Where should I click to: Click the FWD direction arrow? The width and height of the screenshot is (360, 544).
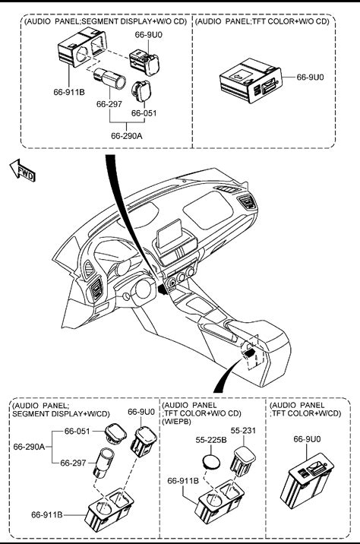[23, 170]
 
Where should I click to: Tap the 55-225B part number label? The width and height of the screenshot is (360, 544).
[211, 440]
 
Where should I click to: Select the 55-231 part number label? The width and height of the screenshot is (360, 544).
[243, 430]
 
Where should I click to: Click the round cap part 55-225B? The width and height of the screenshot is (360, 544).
[211, 461]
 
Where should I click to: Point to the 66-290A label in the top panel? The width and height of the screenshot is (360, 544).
[127, 136]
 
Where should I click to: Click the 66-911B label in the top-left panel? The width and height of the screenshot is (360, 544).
[69, 92]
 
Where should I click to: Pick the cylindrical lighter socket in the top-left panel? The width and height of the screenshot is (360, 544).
[109, 78]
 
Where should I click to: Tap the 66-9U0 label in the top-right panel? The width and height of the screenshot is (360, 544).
[310, 77]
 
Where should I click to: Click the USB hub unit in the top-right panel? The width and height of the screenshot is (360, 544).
[251, 81]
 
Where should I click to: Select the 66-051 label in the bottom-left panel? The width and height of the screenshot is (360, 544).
[77, 431]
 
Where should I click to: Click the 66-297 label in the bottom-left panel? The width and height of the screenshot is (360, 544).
[73, 463]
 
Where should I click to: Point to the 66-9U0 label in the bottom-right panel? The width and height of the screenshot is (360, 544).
[308, 439]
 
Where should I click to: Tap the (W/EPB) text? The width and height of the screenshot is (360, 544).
[176, 422]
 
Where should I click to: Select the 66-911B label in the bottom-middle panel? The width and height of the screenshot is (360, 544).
[183, 480]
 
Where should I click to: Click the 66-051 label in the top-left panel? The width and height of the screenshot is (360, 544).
[144, 112]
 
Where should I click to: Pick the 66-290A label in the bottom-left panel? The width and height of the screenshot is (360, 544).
[29, 447]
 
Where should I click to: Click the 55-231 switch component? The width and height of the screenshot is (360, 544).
[243, 461]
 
